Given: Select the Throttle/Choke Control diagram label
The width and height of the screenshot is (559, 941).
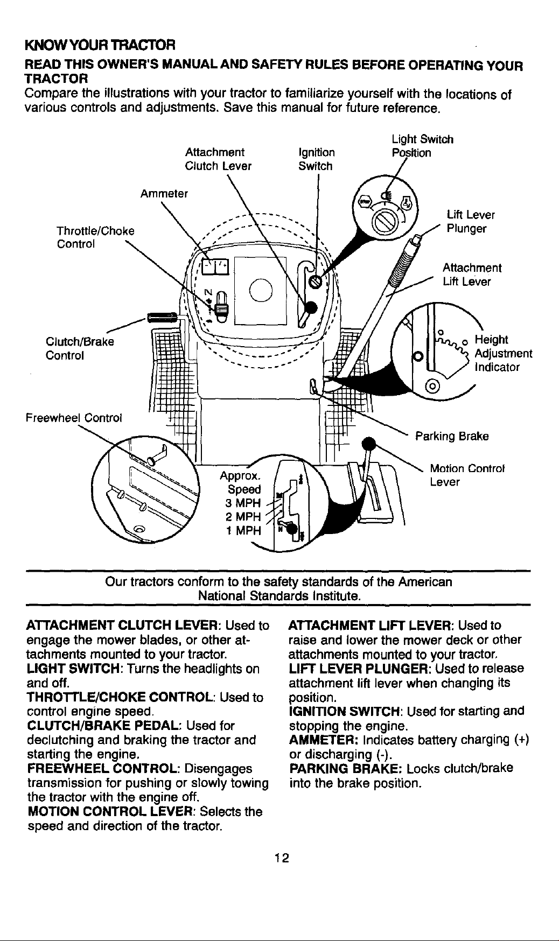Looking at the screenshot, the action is (95, 237).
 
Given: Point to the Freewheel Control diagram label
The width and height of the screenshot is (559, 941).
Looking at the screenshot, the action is (74, 418).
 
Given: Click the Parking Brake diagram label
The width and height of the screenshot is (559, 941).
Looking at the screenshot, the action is (451, 436).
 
